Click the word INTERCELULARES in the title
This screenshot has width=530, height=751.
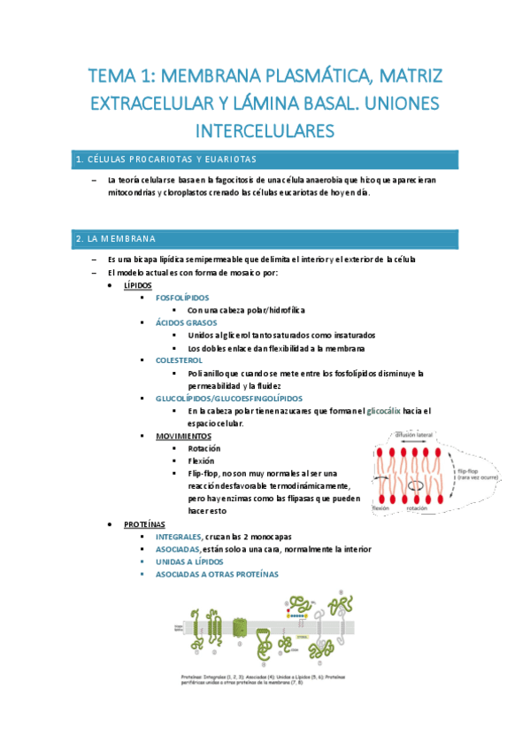265,131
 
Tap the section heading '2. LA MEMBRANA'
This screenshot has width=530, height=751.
116,239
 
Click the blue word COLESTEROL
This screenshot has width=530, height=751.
179,360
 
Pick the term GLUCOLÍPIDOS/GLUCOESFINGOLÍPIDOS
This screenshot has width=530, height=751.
228,399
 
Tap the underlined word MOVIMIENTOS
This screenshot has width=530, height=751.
183,437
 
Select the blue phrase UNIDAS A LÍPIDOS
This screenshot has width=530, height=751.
189,561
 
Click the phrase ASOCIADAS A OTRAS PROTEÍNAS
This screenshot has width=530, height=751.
216,574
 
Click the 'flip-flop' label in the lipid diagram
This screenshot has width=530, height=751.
468,472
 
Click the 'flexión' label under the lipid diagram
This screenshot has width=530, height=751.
381,508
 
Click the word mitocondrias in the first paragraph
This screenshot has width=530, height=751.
127,192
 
